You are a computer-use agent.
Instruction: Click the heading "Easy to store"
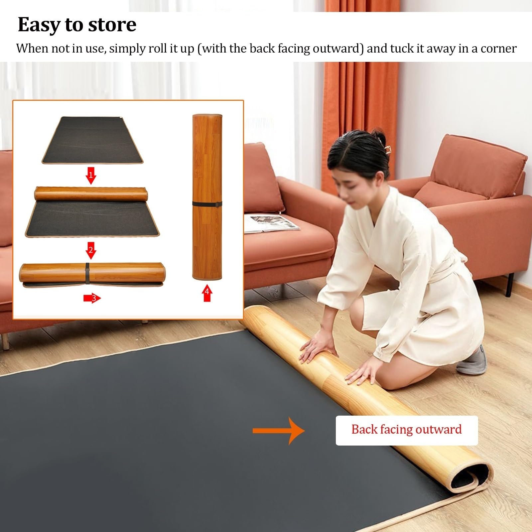[x=77, y=25]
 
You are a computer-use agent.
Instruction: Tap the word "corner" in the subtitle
[x=498, y=49]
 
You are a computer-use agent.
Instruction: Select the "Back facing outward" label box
[x=407, y=430]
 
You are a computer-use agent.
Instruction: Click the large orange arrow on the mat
[x=279, y=431]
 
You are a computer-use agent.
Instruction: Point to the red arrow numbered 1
[x=91, y=176]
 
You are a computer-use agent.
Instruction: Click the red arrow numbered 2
[x=91, y=250]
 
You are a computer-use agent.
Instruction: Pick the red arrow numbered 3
[x=92, y=298]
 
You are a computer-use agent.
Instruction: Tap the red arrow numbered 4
[x=207, y=293]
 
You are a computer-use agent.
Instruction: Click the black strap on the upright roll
[x=207, y=204]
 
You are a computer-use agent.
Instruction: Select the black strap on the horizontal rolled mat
[x=87, y=273]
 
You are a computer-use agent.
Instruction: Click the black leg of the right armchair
[x=509, y=285]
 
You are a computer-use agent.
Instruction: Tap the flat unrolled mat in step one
[x=92, y=140]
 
